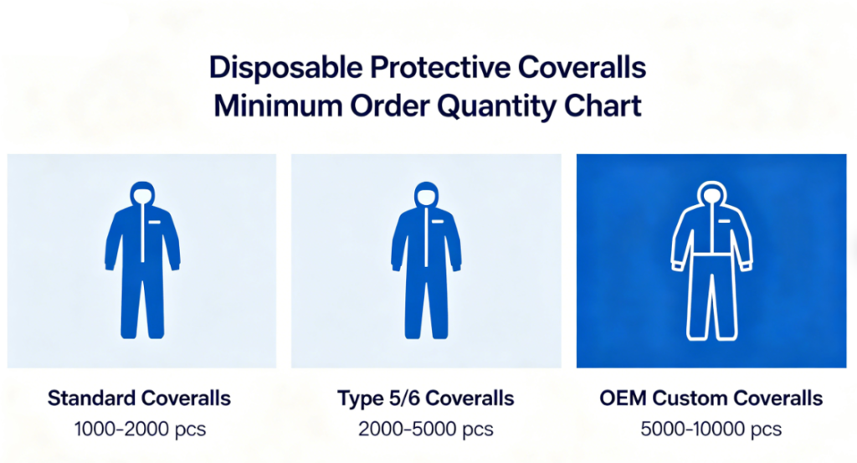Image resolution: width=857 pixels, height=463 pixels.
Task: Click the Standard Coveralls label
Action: [x=139, y=398]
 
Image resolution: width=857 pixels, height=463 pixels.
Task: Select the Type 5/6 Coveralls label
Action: [x=426, y=398]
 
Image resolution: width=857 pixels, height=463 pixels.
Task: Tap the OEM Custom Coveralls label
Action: [x=711, y=398]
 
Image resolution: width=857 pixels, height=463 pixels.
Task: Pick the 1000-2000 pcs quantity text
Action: [x=139, y=430]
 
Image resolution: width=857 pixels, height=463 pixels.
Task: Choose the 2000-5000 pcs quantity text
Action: [x=426, y=430]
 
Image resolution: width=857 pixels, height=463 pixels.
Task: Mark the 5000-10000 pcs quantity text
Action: [x=711, y=430]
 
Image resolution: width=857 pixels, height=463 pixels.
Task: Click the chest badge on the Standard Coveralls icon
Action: [x=156, y=223]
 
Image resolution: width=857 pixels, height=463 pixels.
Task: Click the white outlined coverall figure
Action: [x=711, y=268]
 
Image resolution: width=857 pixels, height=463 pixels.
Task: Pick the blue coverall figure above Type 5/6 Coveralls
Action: [x=427, y=268]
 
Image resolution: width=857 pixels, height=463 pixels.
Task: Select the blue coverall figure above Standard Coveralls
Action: [x=141, y=268]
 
